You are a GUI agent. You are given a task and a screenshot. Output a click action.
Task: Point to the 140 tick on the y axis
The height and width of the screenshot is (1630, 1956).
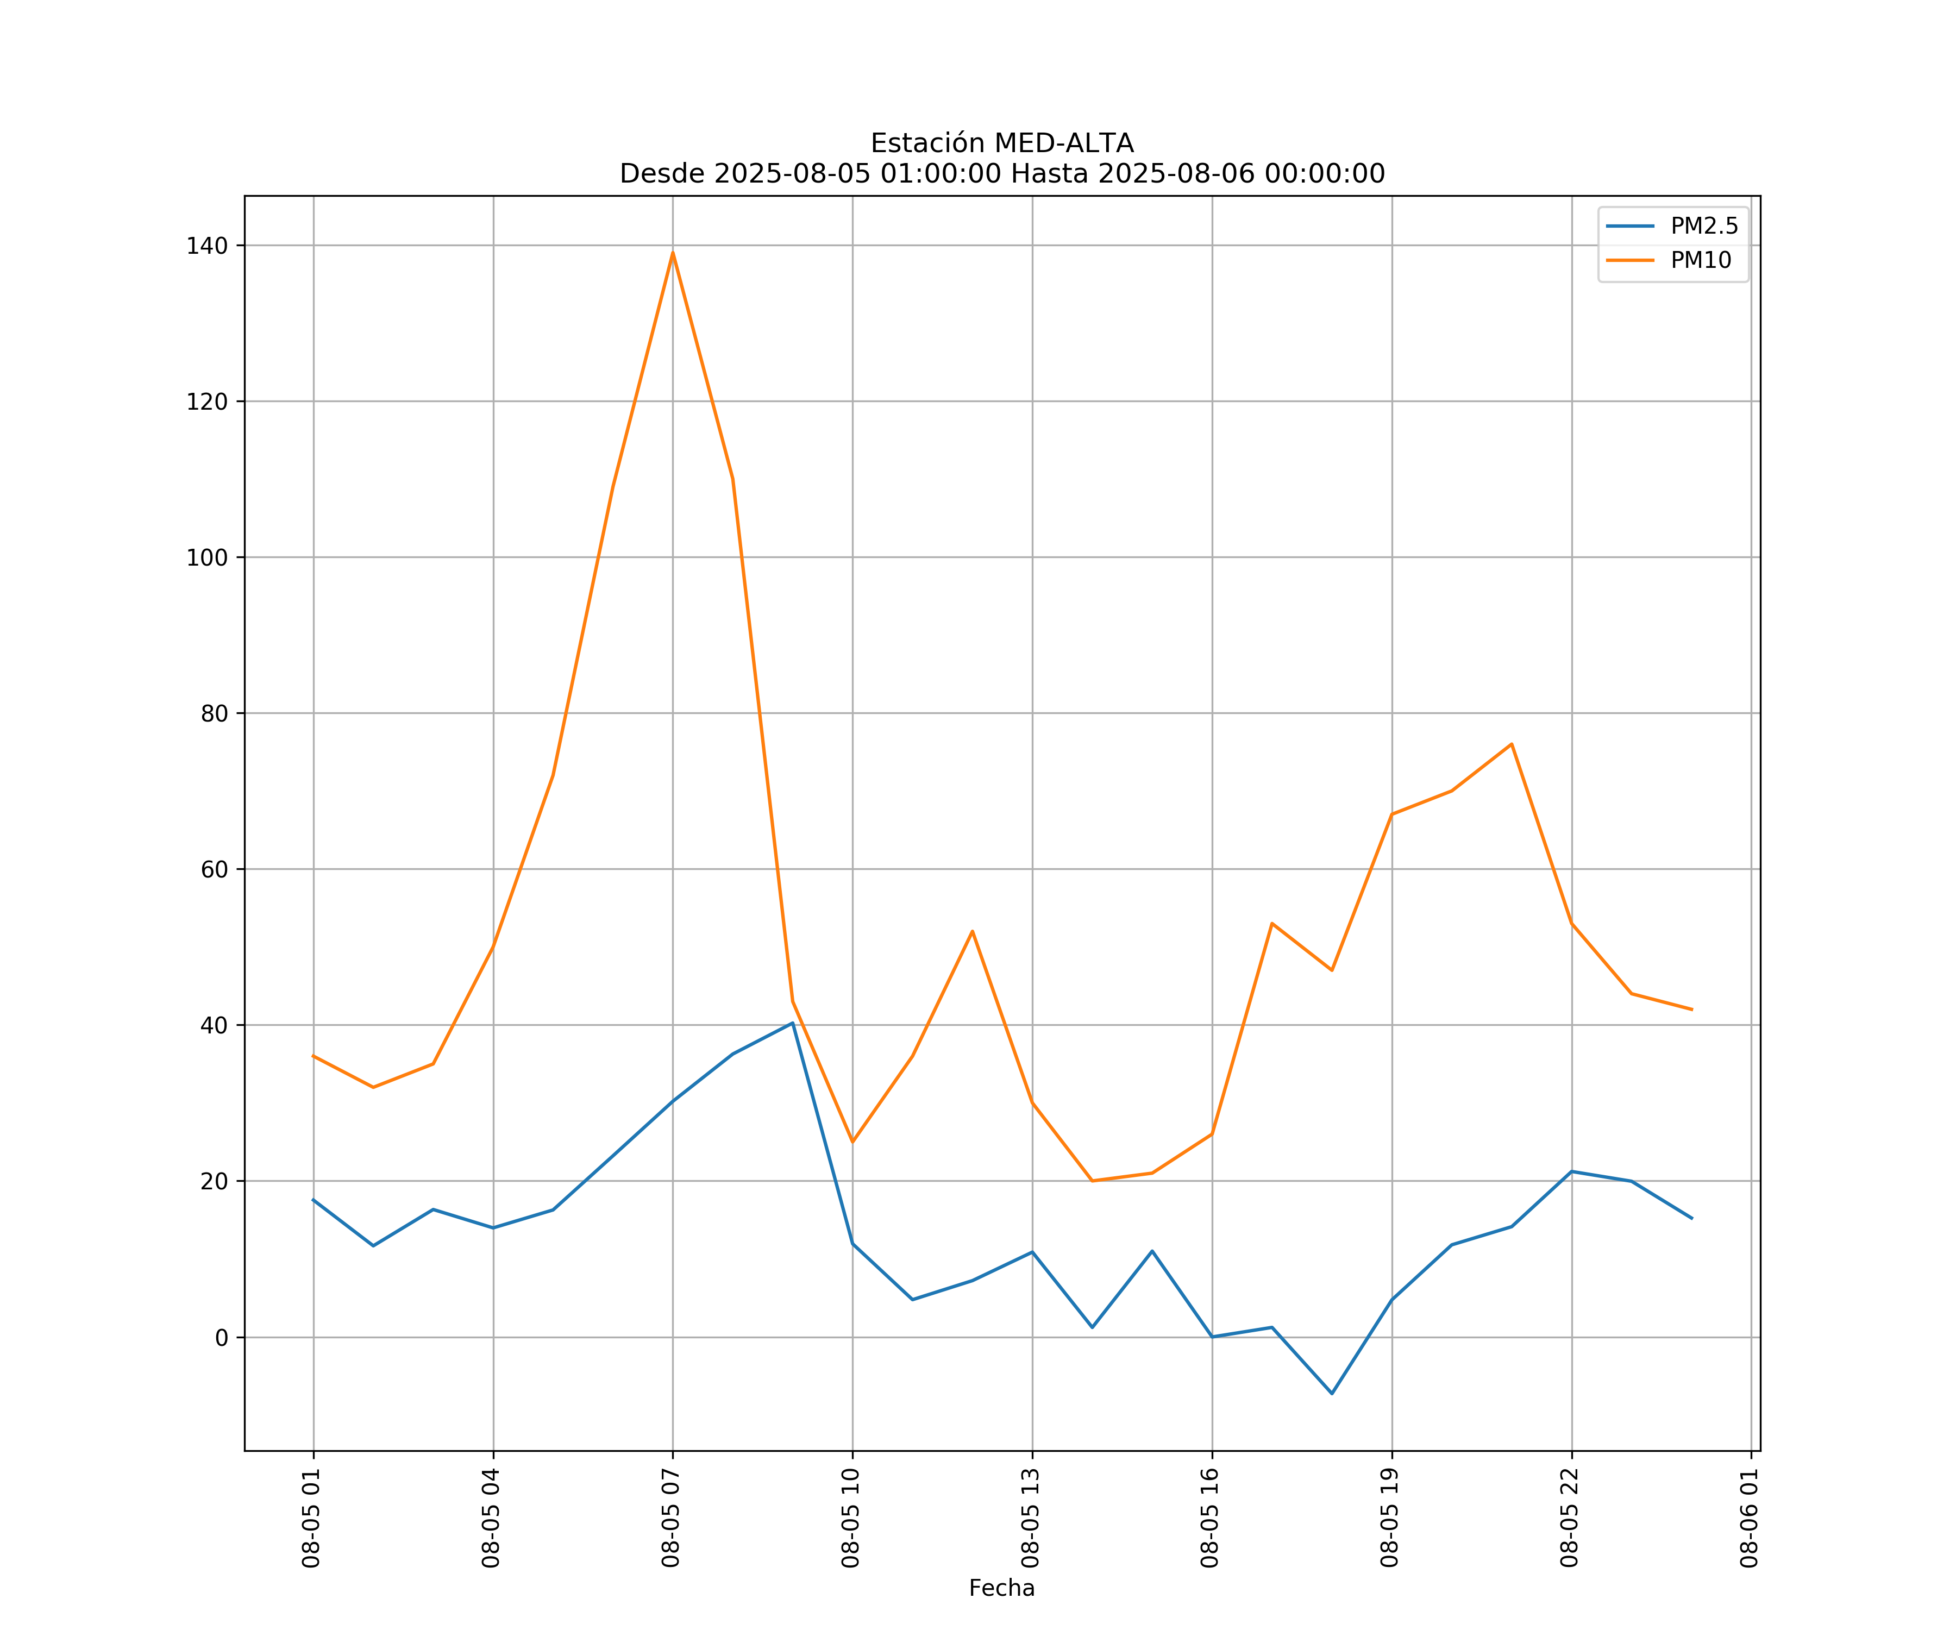pos(207,246)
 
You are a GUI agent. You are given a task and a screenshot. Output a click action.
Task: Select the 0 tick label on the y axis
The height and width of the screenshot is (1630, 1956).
pos(222,1338)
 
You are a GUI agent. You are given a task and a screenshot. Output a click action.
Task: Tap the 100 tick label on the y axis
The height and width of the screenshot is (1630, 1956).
pos(207,558)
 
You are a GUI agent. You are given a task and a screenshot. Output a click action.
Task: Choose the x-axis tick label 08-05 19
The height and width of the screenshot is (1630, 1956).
pos(1390,1518)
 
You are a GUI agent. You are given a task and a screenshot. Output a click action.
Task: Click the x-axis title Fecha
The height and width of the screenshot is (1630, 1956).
pos(1001,1588)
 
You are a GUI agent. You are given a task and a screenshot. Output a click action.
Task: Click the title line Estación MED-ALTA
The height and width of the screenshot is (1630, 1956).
pos(1001,143)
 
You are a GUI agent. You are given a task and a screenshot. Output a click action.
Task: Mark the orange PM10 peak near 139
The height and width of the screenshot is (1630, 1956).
pos(673,253)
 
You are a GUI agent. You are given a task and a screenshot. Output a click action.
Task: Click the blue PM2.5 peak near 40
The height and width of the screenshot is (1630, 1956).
pos(793,1023)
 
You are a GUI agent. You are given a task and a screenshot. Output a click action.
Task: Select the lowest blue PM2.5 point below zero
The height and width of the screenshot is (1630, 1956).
pos(1332,1394)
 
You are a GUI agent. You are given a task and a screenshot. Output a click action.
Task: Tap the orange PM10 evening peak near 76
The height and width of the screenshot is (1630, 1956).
pos(1512,744)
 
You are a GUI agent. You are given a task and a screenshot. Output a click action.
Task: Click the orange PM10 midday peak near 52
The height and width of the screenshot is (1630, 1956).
pos(973,931)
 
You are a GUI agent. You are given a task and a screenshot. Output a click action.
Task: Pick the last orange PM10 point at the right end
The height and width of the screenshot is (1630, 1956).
pos(1691,1010)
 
